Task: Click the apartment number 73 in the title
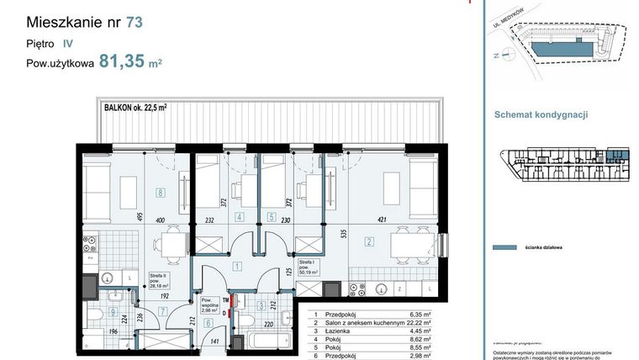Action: coord(134,23)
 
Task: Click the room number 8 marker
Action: coord(160,191)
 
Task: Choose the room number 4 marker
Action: coord(240,216)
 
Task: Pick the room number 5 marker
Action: coord(272,216)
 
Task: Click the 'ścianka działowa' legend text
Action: coord(547,248)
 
